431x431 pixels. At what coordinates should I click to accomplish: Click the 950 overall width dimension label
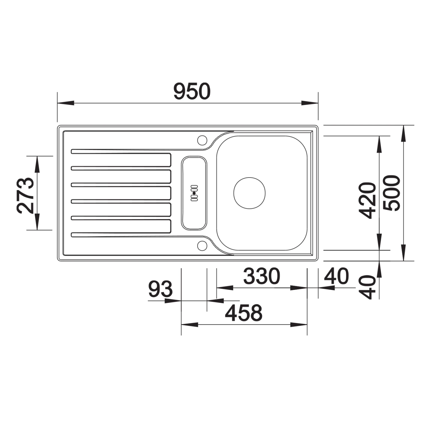pos(192,91)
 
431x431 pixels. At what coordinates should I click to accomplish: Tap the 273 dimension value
pos(25,195)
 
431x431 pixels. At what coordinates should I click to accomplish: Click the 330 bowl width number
pos(261,276)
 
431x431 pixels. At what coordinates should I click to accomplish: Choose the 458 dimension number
pos(244,313)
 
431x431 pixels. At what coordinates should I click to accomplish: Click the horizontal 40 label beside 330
pos(336,276)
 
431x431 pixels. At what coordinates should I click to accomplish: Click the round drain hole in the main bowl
pos(249,193)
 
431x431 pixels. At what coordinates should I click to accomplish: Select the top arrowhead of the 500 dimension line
pos(404,134)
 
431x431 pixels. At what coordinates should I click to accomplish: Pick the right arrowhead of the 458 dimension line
pos(299,325)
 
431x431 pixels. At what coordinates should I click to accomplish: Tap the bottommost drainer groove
pos(121,234)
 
